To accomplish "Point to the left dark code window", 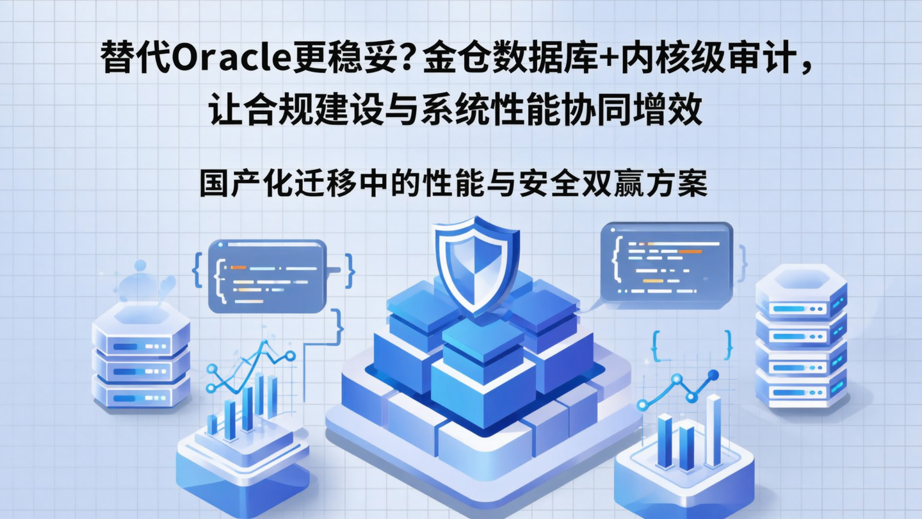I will coord(268,276).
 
